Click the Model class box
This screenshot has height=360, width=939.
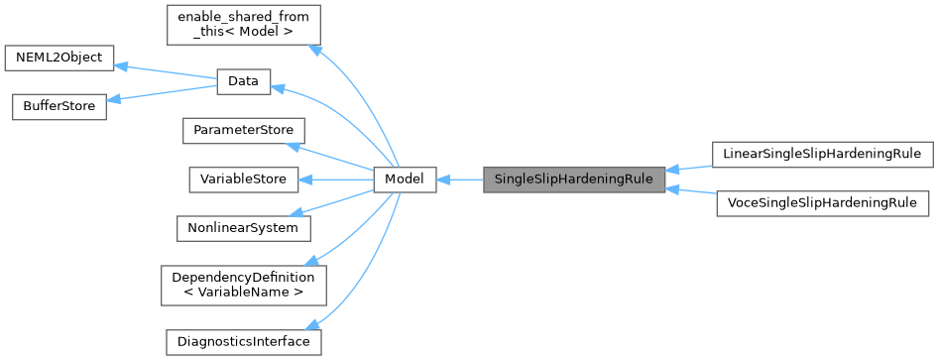coord(405,180)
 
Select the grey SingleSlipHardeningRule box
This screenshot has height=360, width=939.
coord(573,180)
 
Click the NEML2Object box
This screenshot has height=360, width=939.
coord(59,58)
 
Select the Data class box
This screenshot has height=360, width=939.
coord(243,83)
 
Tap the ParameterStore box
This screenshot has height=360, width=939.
coord(243,131)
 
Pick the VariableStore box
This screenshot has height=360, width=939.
coord(243,180)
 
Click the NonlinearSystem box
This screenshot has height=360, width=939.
coord(243,228)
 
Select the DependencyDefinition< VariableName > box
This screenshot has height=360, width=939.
coord(243,285)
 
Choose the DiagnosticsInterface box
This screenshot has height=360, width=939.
coord(243,342)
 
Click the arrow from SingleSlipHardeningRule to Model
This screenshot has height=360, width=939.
coord(459,180)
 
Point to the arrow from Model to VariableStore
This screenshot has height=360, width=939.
coord(337,180)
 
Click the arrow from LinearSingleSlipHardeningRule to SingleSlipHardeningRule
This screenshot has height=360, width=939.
coord(689,166)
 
